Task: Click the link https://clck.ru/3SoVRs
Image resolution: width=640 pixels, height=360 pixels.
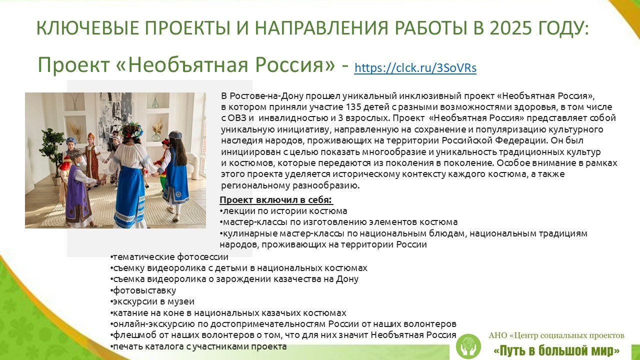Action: (x=415, y=68)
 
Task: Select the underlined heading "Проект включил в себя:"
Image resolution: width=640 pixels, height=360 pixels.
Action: (x=276, y=200)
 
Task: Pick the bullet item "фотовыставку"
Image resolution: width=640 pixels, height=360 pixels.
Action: (x=144, y=290)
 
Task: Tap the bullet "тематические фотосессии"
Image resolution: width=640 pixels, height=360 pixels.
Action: (x=170, y=257)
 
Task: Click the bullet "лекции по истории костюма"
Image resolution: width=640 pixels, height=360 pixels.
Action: (x=285, y=211)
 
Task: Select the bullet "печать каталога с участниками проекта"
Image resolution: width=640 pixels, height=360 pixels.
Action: (x=199, y=346)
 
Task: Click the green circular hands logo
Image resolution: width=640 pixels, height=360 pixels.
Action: (x=468, y=346)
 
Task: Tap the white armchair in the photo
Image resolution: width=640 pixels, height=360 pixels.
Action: (x=193, y=164)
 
